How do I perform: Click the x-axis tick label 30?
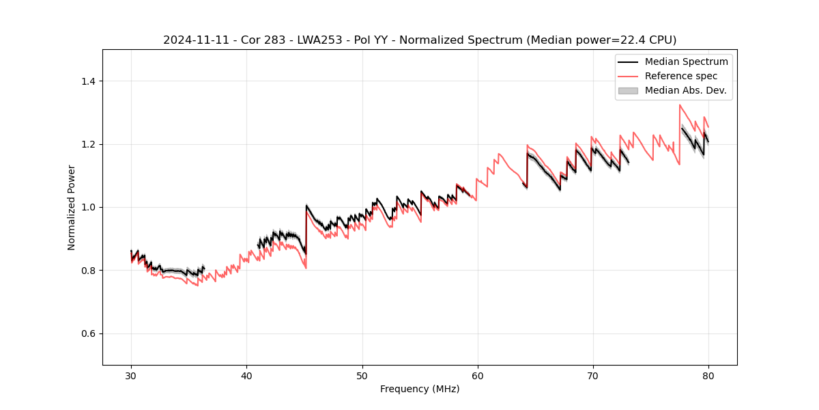131,375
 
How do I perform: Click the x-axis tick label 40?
246,375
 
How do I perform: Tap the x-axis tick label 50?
362,375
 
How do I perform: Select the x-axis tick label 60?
477,375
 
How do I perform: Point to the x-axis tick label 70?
592,375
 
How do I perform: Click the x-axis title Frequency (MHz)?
420,389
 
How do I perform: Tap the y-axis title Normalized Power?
71,207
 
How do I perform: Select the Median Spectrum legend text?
686,61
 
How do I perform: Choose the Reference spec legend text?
681,76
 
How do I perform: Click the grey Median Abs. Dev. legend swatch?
628,90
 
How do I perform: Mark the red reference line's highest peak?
680,105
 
